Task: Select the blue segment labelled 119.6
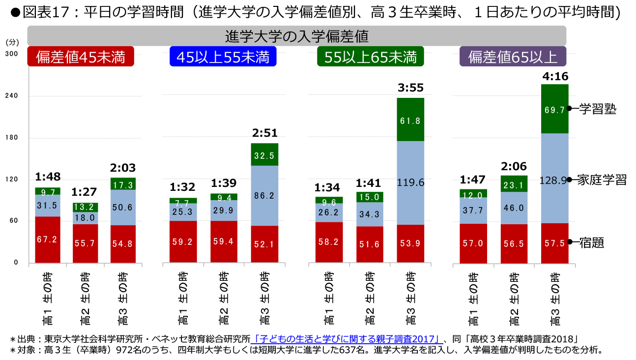[x=410, y=182]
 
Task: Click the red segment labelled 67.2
[x=48, y=239]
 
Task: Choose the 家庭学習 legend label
[x=602, y=180]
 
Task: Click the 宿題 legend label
[x=591, y=242]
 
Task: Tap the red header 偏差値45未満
[x=81, y=57]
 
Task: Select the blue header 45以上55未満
[x=223, y=57]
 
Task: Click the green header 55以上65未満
[x=370, y=57]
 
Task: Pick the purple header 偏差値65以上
[x=512, y=57]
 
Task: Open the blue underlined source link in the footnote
[x=346, y=339]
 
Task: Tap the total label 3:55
[x=410, y=89]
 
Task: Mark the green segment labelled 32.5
[x=264, y=155]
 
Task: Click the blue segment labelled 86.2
[x=264, y=195]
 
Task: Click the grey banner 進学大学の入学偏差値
[x=297, y=36]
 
